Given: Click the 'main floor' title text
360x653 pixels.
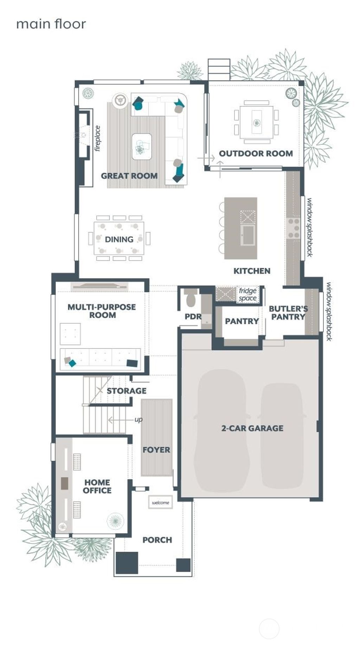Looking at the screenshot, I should click(51, 24).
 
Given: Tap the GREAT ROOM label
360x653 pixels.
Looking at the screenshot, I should click(129, 176).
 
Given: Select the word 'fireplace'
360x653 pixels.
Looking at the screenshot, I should click(98, 138).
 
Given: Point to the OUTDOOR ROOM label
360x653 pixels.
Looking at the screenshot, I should click(256, 153).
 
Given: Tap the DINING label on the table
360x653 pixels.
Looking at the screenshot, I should click(119, 239).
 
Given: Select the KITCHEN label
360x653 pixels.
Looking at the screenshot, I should click(252, 271).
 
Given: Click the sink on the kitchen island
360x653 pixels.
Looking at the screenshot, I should click(248, 235).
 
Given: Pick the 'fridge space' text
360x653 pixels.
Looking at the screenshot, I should click(247, 295).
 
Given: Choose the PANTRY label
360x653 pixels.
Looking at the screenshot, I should click(242, 321).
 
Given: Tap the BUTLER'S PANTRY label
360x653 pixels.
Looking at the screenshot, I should click(288, 313).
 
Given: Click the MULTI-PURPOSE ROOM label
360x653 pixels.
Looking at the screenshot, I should click(102, 311).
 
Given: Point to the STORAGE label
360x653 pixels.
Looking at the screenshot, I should click(126, 391).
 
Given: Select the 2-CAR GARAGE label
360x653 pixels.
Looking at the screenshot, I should click(252, 428).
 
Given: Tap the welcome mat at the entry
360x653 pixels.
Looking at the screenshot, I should click(160, 503).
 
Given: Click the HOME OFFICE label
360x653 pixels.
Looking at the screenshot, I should click(97, 486).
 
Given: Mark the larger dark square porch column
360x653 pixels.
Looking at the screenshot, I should click(127, 563).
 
